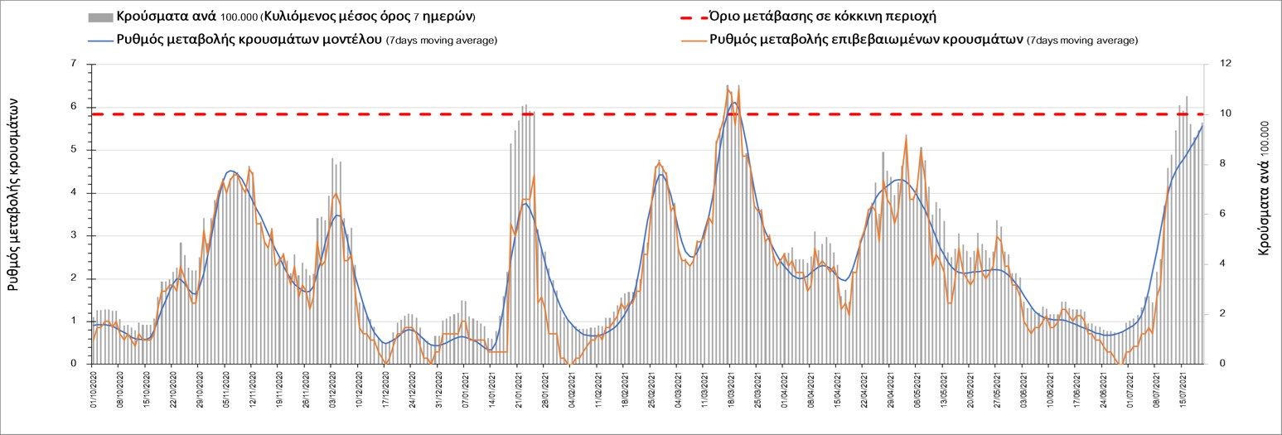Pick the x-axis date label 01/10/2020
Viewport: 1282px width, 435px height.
click(94, 393)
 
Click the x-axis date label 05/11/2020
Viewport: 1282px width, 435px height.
click(226, 393)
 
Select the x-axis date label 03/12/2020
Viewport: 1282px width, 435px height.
click(332, 393)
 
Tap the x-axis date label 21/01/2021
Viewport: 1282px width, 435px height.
click(518, 393)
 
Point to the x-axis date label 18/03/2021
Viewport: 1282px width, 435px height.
click(730, 393)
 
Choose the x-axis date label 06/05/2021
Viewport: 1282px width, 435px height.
click(916, 393)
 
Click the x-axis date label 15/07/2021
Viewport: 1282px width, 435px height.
click(1181, 393)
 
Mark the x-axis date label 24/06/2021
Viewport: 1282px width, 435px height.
click(1101, 393)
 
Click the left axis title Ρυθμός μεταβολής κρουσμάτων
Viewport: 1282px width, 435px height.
click(14, 191)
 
